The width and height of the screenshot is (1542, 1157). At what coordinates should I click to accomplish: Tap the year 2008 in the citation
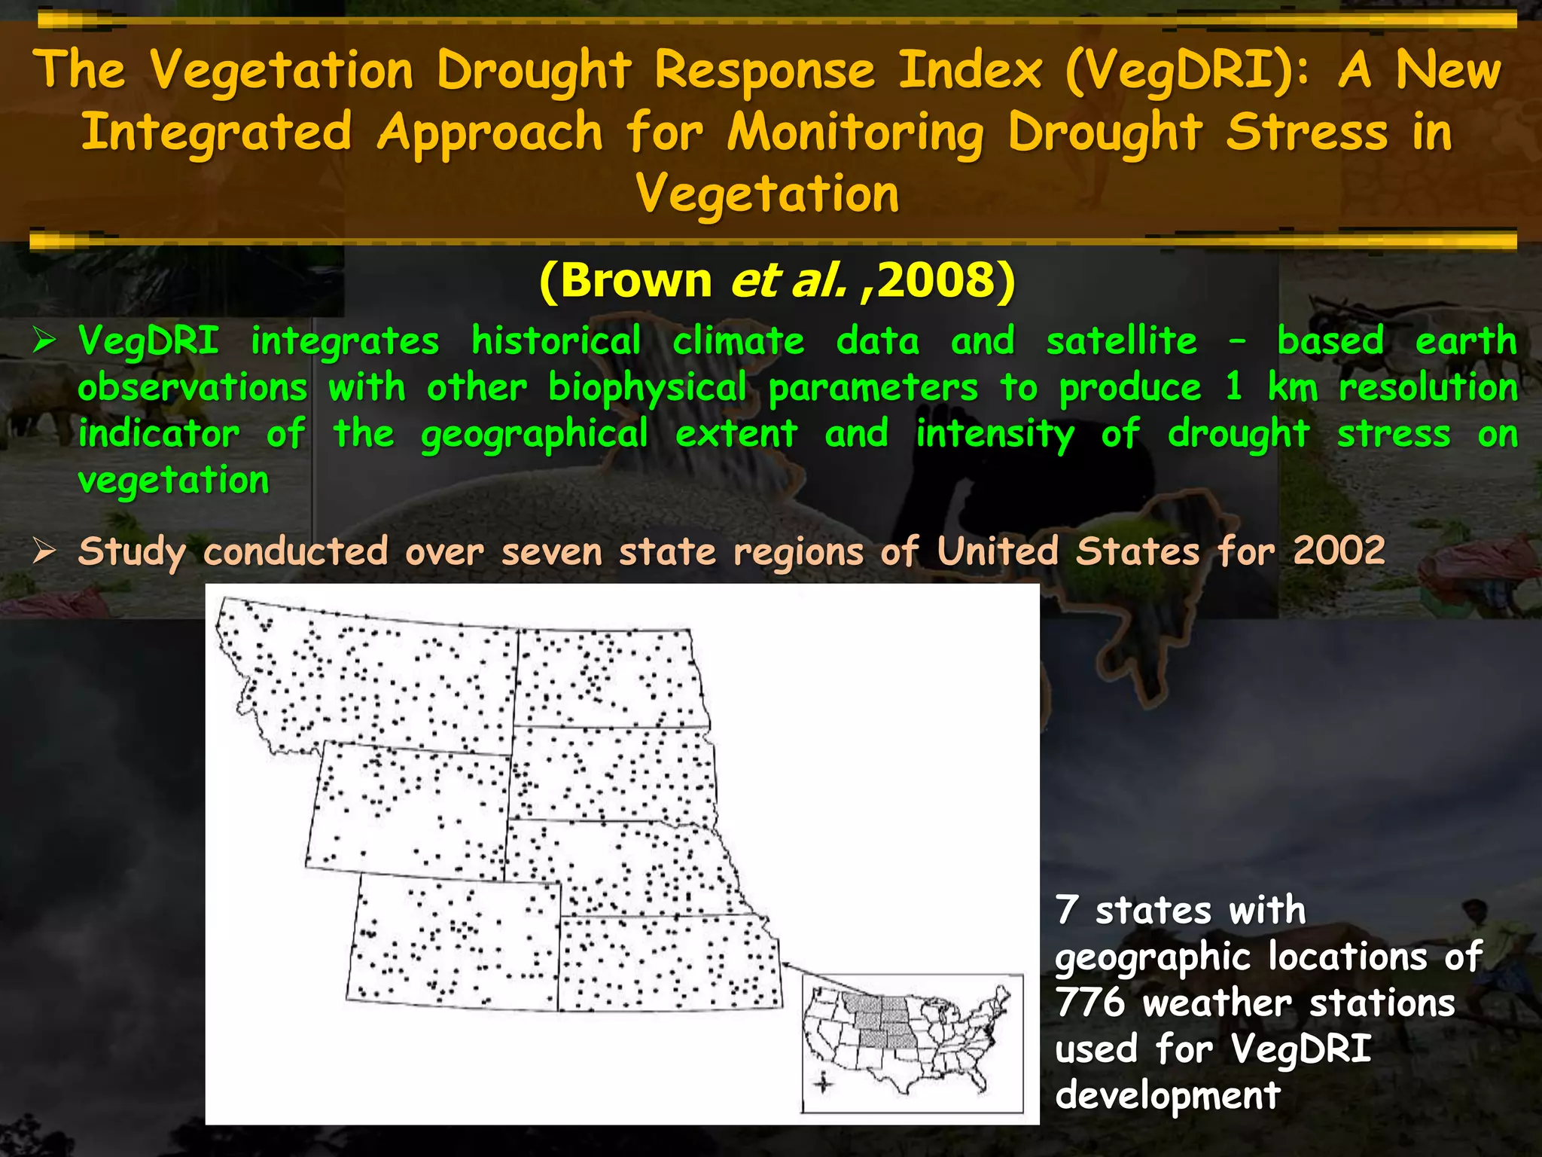tap(937, 280)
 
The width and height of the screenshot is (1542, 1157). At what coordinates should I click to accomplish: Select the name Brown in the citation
tap(636, 280)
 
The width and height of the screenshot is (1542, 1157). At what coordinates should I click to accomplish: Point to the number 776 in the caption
tap(1089, 1003)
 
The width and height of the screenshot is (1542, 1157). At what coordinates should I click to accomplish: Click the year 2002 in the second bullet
tap(1339, 551)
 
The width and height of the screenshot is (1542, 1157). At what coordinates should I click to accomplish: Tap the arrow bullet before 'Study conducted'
tap(44, 551)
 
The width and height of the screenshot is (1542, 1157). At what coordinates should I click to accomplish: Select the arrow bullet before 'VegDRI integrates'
tap(44, 341)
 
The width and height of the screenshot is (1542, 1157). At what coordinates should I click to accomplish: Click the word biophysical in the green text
tap(647, 389)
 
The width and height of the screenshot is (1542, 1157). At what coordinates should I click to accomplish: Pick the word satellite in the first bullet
tap(1121, 341)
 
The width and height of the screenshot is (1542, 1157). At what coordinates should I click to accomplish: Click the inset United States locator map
tap(912, 1043)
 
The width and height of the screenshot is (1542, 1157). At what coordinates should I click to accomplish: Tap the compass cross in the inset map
tap(823, 1084)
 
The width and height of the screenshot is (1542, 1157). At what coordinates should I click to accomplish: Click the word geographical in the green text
tap(534, 435)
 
